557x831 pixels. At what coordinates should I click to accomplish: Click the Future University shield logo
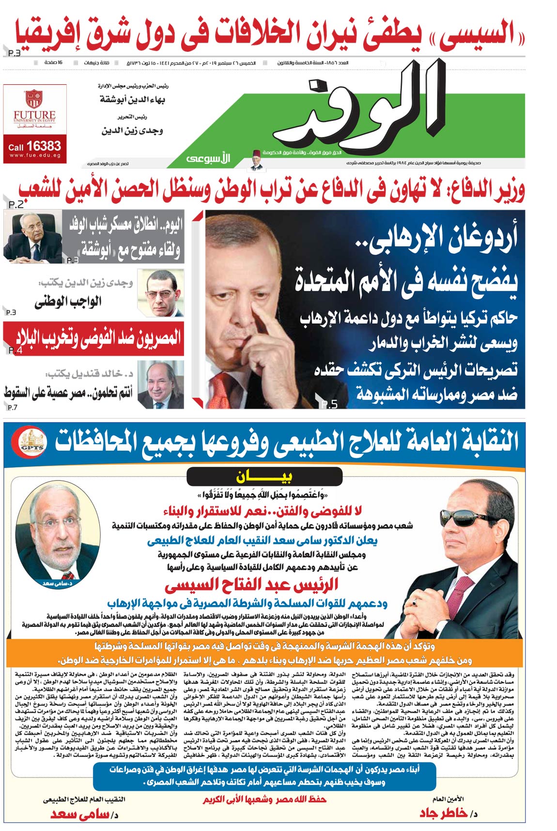pyautogui.click(x=33, y=99)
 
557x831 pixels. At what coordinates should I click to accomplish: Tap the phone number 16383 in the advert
pyautogui.click(x=43, y=146)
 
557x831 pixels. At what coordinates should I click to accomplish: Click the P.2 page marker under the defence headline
pyautogui.click(x=15, y=205)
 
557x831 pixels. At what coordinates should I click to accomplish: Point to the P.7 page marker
pyautogui.click(x=12, y=408)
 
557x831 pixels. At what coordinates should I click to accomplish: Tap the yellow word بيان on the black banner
pyautogui.click(x=264, y=477)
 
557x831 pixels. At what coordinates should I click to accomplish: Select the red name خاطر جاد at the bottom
pyautogui.click(x=443, y=813)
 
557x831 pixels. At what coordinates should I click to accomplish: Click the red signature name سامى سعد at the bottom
pyautogui.click(x=80, y=814)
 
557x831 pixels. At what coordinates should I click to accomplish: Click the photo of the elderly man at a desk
pyautogui.click(x=32, y=236)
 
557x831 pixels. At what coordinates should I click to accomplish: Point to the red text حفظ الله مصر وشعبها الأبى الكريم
pyautogui.click(x=264, y=799)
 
